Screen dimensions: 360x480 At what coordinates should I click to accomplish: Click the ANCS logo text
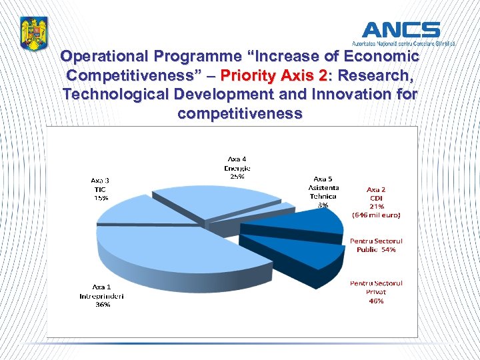(401, 30)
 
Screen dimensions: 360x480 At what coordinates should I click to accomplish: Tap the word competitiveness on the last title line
(239, 113)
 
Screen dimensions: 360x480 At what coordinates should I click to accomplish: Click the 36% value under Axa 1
(102, 305)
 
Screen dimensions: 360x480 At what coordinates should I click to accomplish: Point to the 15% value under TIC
(101, 198)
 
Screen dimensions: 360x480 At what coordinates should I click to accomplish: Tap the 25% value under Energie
(237, 177)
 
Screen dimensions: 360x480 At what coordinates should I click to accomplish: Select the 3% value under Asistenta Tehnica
(323, 205)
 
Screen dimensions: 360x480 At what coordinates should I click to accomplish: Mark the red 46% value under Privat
(376, 301)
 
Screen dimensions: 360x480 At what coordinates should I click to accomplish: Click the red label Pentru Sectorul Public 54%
(376, 245)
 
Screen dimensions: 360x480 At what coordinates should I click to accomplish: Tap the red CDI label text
(376, 198)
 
